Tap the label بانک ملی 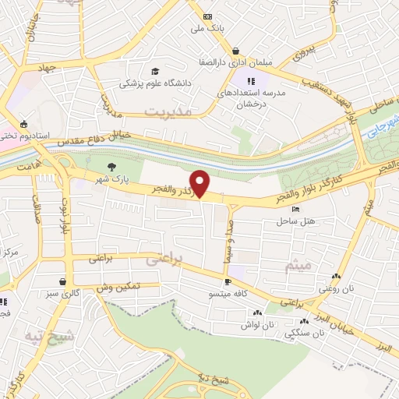208,28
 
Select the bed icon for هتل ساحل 294,209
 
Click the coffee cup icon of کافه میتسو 228,282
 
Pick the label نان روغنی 336,288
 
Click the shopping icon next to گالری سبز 62,282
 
